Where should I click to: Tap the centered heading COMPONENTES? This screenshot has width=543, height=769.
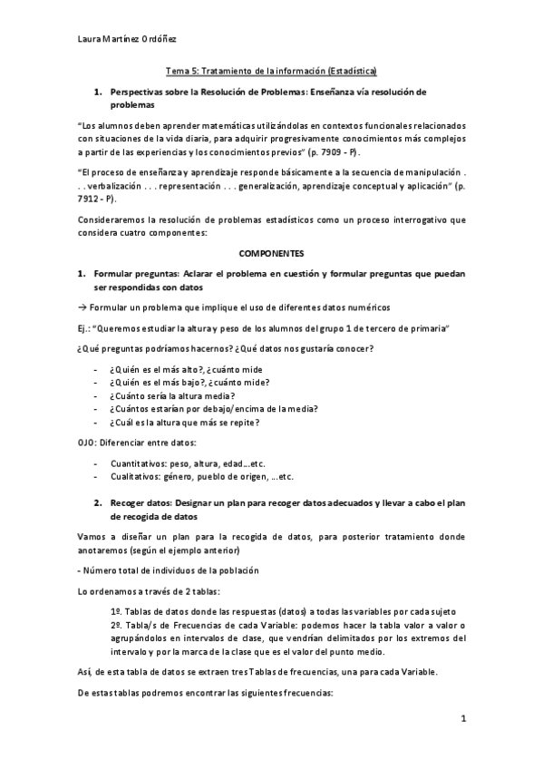(x=271, y=254)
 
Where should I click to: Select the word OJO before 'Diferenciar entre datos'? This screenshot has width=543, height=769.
(x=88, y=442)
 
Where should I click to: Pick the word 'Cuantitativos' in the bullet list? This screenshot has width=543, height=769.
(x=138, y=462)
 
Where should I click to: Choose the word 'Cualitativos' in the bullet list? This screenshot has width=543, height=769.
(x=136, y=476)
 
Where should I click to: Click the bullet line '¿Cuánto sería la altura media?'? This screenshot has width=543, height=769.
(x=170, y=395)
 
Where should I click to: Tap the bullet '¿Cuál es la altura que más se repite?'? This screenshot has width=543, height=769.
(x=185, y=422)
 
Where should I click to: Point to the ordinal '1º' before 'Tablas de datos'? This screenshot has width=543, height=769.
(x=115, y=610)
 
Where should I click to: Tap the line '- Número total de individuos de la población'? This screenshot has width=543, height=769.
(x=169, y=569)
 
